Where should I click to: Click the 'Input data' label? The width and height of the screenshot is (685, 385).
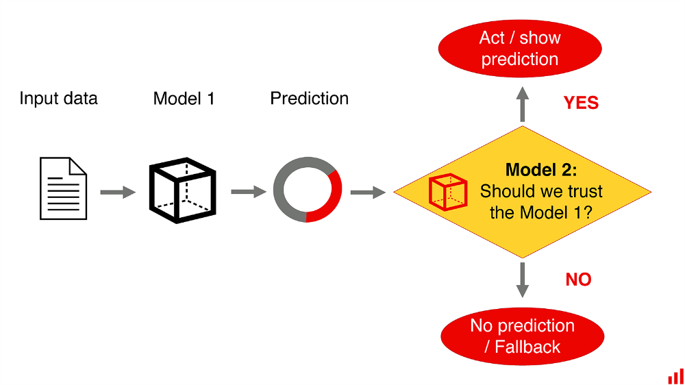click(58, 99)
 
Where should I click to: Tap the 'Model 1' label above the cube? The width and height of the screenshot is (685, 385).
click(184, 99)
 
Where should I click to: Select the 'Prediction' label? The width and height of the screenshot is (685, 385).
click(310, 99)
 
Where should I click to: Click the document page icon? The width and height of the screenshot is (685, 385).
click(63, 188)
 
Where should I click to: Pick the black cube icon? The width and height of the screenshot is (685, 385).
click(183, 190)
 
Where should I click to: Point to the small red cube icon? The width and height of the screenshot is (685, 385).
click(448, 192)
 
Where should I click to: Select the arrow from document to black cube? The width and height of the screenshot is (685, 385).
click(118, 192)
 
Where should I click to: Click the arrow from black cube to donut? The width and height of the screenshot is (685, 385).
click(249, 191)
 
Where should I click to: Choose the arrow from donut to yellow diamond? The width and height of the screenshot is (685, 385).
click(369, 192)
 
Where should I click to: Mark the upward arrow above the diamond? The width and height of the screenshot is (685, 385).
click(523, 104)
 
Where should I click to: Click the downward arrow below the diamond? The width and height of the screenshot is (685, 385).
click(523, 280)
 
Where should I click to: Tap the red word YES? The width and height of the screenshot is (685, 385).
click(581, 103)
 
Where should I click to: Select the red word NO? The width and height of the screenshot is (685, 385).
click(578, 280)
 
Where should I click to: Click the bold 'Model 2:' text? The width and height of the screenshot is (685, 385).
click(541, 170)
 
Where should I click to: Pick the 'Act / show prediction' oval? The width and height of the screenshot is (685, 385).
click(520, 49)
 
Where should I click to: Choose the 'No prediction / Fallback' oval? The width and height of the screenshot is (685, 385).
click(523, 336)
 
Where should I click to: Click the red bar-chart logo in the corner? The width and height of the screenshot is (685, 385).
click(676, 377)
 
